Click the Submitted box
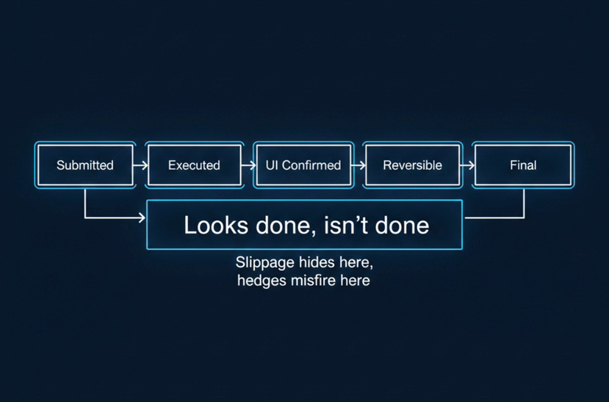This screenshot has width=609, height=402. (85, 165)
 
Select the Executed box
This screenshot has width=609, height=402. (194, 165)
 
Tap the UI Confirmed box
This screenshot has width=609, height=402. (303, 165)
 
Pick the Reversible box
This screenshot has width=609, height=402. (412, 165)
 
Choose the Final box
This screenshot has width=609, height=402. (522, 165)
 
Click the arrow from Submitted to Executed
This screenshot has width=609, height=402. (140, 165)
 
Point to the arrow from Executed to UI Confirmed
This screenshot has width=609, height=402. (248, 165)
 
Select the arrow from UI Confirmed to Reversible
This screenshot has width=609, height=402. (358, 165)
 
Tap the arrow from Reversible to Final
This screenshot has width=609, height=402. (467, 165)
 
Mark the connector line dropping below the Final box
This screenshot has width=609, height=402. (524, 204)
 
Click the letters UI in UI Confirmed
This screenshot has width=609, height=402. (272, 165)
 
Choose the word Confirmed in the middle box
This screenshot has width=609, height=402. (311, 165)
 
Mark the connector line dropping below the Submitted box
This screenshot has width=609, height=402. (85, 202)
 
